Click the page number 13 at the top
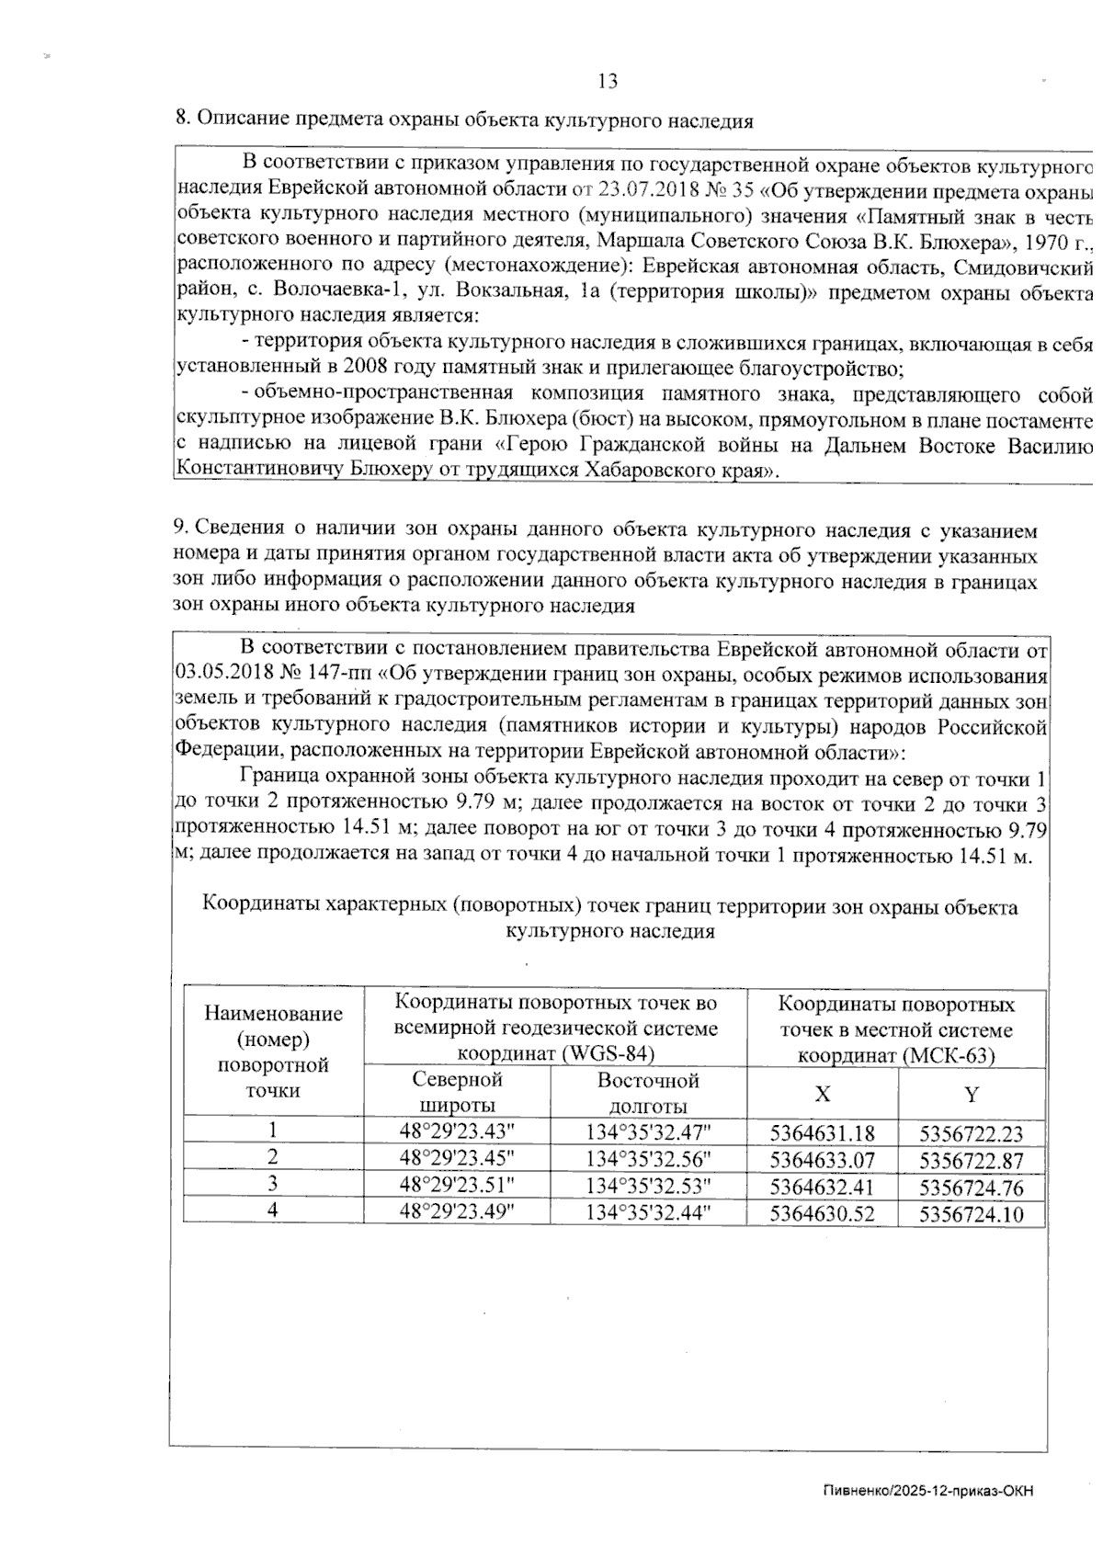point(608,81)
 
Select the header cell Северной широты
point(457,1092)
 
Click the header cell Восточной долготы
point(648,1092)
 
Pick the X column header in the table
point(823,1093)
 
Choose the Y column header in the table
point(971,1093)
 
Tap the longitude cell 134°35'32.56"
point(648,1158)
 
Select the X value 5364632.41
point(822,1188)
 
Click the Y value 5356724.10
point(971,1215)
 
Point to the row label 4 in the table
point(273,1210)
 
